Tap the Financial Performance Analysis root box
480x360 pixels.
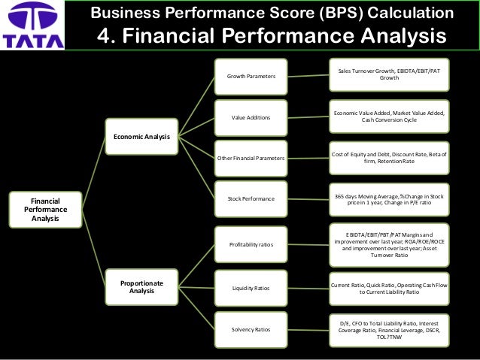(x=44, y=210)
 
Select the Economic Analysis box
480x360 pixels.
(x=141, y=136)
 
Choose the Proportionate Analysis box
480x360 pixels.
(x=141, y=286)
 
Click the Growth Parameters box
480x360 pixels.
(x=251, y=76)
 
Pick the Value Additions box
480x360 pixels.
(x=251, y=117)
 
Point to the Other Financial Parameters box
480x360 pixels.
(x=251, y=159)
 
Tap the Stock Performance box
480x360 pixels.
(x=251, y=199)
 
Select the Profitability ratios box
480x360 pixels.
(x=251, y=244)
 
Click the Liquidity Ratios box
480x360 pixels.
(x=251, y=288)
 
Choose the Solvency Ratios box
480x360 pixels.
(x=251, y=330)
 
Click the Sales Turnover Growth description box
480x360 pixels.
(x=389, y=74)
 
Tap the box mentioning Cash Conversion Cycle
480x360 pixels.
(x=389, y=116)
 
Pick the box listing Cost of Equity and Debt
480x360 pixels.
(x=389, y=159)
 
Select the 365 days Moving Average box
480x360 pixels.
(x=389, y=199)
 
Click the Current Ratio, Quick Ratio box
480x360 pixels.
(x=389, y=288)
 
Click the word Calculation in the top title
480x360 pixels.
(x=409, y=13)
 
